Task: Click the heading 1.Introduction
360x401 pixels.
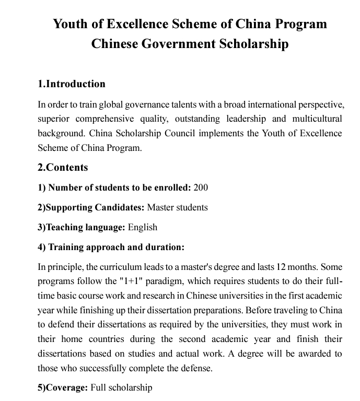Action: [x=72, y=84]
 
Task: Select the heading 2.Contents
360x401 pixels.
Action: [x=63, y=168]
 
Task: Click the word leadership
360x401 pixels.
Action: [x=250, y=119]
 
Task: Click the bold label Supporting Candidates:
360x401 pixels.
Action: [x=91, y=207]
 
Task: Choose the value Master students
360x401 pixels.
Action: [x=178, y=207]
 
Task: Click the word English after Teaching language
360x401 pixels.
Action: [x=142, y=227]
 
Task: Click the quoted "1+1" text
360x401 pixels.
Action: [x=133, y=281]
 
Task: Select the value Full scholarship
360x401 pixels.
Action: [x=121, y=387]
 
